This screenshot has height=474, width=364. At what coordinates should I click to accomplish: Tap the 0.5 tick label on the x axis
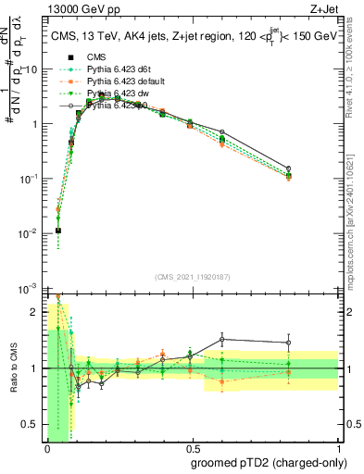click(x=192, y=450)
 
